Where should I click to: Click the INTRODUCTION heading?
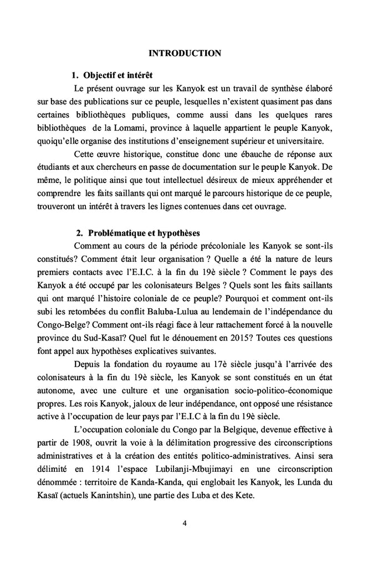pyautogui.click(x=186, y=53)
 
